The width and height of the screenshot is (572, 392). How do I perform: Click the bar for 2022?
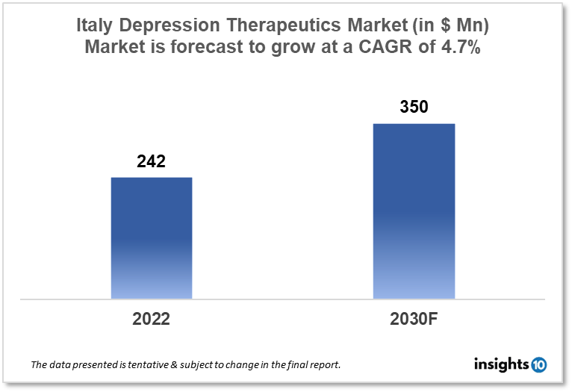pyautogui.click(x=152, y=237)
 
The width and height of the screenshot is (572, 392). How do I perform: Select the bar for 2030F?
pyautogui.click(x=414, y=211)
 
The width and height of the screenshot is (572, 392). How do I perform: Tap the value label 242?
pyautogui.click(x=151, y=161)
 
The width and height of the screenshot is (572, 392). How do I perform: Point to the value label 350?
pyautogui.click(x=414, y=107)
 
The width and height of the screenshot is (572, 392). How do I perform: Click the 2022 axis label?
pyautogui.click(x=152, y=319)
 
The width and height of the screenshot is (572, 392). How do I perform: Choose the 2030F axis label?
pyautogui.click(x=414, y=319)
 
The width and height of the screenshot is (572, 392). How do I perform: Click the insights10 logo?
pyautogui.click(x=510, y=364)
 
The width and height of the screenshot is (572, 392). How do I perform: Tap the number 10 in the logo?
pyautogui.click(x=539, y=364)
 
